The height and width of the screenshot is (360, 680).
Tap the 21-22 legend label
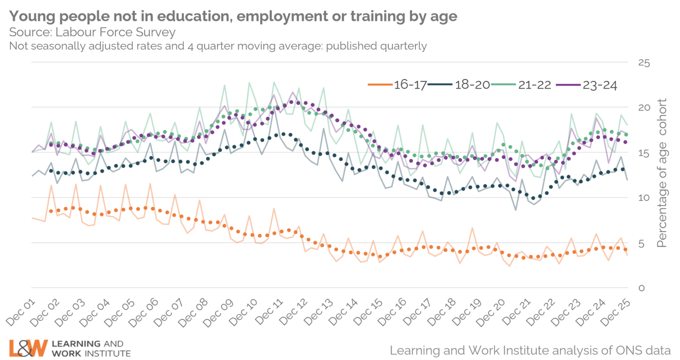534,85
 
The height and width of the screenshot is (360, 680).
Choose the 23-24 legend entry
600,85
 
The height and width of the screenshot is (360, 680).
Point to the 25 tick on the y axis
643,63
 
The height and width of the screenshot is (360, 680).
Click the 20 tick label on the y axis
643,108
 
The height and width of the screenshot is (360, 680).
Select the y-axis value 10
643,198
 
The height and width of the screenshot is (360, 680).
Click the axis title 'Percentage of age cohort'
662,173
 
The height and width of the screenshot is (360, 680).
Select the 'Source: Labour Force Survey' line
92,33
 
